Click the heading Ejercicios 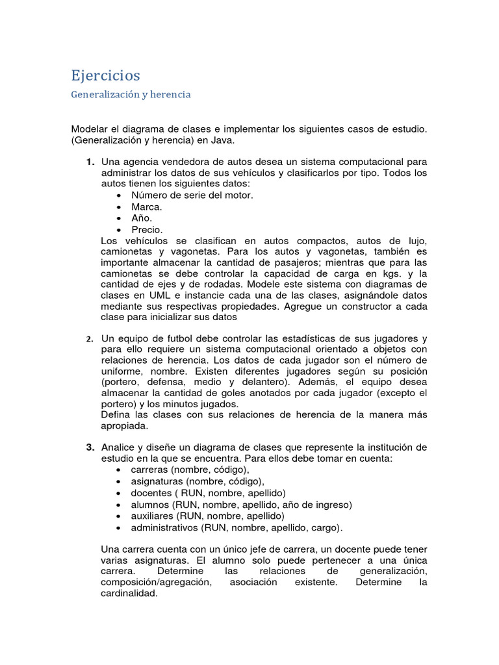(105, 75)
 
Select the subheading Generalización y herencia (131, 95)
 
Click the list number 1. (90, 161)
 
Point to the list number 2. (90, 339)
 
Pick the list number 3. (90, 447)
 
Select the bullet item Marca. (146, 207)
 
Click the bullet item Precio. (147, 230)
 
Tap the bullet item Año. (141, 218)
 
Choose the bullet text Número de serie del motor (192, 195)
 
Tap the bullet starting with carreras (189, 470)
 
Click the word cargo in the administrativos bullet (326, 528)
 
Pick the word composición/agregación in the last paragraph (156, 583)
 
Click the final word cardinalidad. (129, 594)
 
